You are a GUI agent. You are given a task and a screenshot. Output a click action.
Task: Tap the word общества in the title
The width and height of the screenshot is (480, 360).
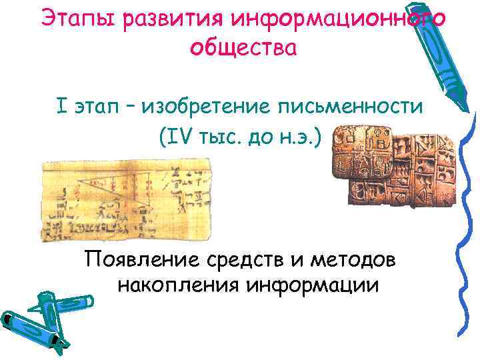[242, 47]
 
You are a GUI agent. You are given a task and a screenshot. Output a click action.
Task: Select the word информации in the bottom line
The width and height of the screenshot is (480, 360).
[313, 285]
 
